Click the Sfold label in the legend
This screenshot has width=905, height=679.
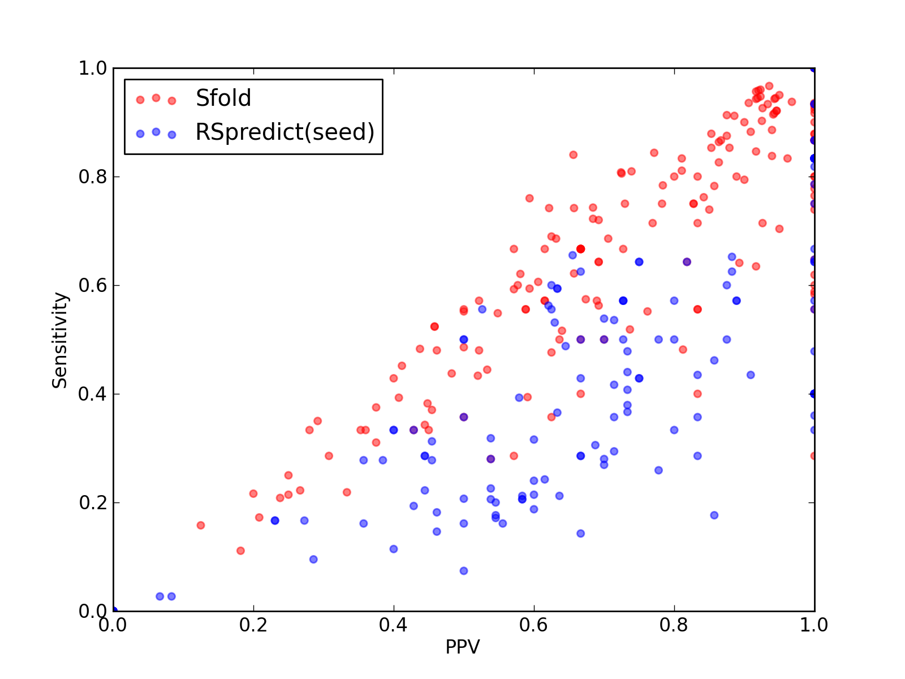point(223,98)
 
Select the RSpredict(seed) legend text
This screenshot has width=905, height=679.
point(285,132)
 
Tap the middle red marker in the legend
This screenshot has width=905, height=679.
point(156,98)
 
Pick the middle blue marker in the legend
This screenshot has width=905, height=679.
point(156,132)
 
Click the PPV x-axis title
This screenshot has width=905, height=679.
point(463,647)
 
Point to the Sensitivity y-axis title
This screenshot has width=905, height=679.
point(60,340)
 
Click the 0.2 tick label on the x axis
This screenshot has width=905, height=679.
point(253,625)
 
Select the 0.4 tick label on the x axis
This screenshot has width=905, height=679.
point(393,625)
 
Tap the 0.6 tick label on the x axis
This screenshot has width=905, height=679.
point(533,625)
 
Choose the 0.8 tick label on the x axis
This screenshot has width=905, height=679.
point(674,625)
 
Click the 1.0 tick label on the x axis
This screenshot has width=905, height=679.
point(814,625)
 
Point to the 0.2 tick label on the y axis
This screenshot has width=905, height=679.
point(93,502)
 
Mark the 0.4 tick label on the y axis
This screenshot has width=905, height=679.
point(93,394)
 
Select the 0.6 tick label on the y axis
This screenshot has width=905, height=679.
point(93,285)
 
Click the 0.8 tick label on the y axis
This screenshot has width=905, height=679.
point(93,177)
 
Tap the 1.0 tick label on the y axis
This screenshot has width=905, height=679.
point(93,68)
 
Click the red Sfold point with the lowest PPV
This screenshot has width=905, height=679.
point(200,525)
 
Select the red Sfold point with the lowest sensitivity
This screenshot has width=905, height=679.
point(240,551)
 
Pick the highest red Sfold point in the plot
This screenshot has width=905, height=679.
point(769,86)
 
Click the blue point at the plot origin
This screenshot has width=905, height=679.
point(114,611)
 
